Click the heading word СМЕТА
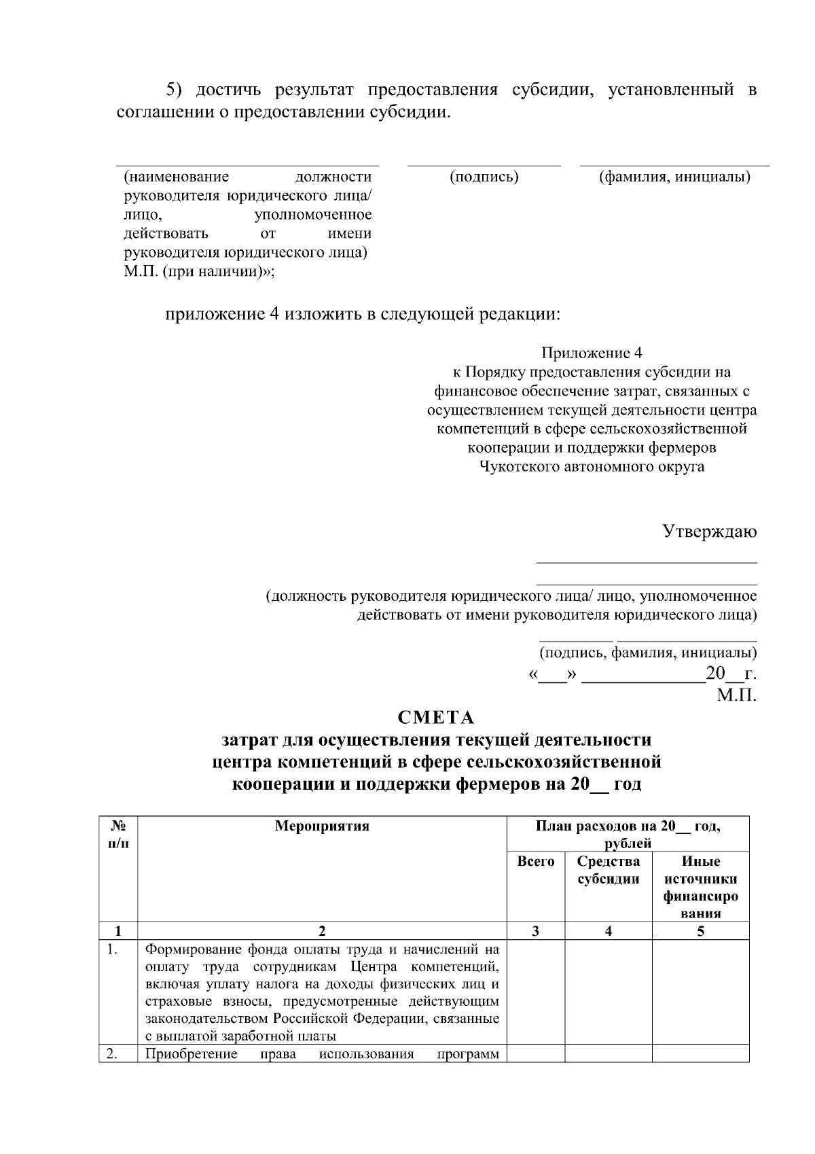pos(435,718)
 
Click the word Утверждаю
pos(709,531)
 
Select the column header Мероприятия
pos(322,826)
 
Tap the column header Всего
pos(535,862)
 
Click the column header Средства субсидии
pos(608,871)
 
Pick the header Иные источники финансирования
pos(700,888)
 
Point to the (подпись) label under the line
pos(484,177)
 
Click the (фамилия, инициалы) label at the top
pos(674,177)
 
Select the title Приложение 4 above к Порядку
pos(591,353)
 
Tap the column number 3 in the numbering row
pos(535,931)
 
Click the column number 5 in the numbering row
pos(700,931)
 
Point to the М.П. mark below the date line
pos(736,696)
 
